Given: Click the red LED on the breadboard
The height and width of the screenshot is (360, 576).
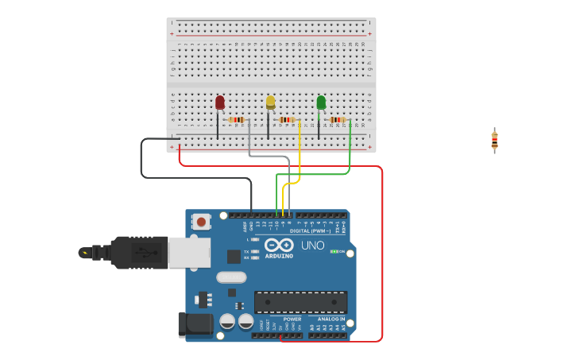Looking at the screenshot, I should [220, 103].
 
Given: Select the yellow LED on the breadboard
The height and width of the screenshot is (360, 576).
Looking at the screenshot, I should [270, 103].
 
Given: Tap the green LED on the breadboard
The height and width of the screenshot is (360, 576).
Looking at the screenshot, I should [321, 103].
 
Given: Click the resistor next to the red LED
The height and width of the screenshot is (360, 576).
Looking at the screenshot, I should [236, 120].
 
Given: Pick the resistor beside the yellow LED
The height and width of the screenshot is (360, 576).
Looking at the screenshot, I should [287, 120].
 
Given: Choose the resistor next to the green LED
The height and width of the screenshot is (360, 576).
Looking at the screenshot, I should [337, 120].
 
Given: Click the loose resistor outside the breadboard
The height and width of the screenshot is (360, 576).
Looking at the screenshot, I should [494, 141].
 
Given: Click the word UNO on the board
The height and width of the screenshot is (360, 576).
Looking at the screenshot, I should [312, 246].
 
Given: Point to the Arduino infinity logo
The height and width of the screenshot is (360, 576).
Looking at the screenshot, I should [279, 245].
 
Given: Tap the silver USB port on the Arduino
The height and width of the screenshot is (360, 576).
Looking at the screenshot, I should [189, 253].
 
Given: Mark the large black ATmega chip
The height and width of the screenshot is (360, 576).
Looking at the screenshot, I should [300, 302].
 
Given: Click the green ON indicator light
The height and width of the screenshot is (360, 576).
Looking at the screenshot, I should [334, 251].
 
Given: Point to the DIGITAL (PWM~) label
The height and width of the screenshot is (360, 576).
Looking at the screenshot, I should [310, 231].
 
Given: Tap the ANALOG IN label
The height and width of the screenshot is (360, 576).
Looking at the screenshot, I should [332, 319].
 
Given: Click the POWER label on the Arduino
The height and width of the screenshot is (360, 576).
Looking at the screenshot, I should [292, 319].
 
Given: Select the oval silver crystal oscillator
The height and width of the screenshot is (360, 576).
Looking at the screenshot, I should [231, 277].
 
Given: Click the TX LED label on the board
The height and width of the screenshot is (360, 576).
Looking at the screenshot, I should [247, 251].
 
